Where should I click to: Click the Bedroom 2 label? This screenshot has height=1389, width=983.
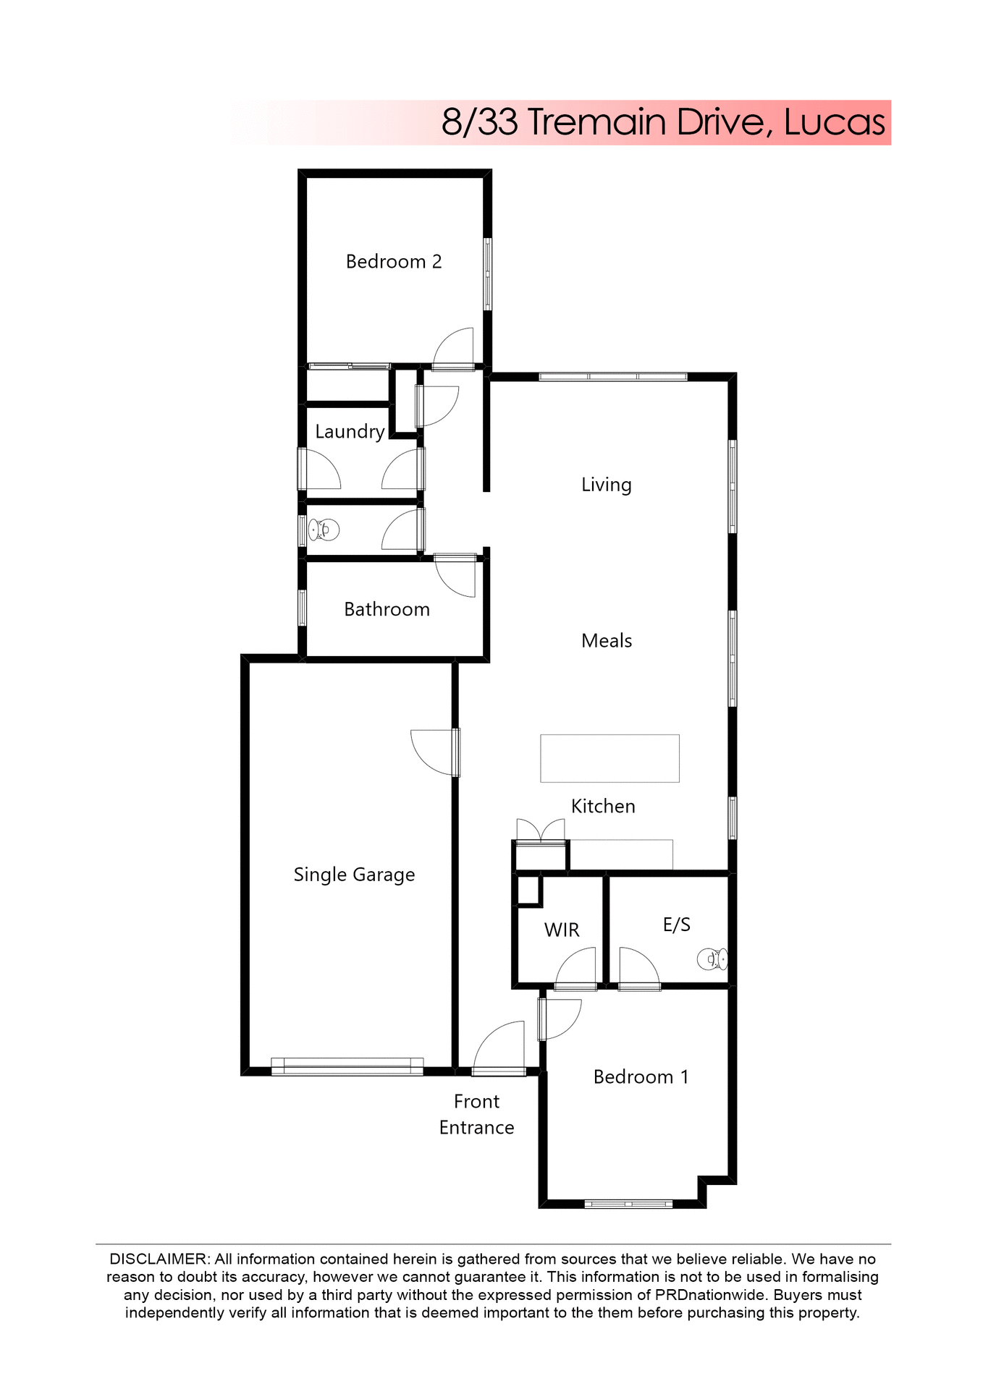point(393,261)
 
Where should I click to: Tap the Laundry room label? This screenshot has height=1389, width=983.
point(350,431)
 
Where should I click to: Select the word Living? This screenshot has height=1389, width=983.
point(606,484)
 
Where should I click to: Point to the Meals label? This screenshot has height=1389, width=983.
point(606,640)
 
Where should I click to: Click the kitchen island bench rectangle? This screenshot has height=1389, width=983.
point(609,758)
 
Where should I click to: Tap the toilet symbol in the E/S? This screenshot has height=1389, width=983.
point(712,959)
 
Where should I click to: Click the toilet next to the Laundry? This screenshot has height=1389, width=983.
point(323,530)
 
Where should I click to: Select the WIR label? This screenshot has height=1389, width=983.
point(561,930)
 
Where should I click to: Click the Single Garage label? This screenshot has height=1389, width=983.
point(354,875)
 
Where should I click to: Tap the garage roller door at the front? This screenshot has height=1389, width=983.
point(347,1066)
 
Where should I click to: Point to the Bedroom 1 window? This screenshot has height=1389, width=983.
point(628,1204)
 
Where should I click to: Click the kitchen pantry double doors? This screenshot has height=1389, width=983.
point(540,831)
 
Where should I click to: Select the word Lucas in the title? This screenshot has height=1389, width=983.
point(834,122)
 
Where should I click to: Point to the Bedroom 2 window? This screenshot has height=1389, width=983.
point(488,274)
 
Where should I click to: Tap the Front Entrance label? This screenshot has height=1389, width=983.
point(476,1114)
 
